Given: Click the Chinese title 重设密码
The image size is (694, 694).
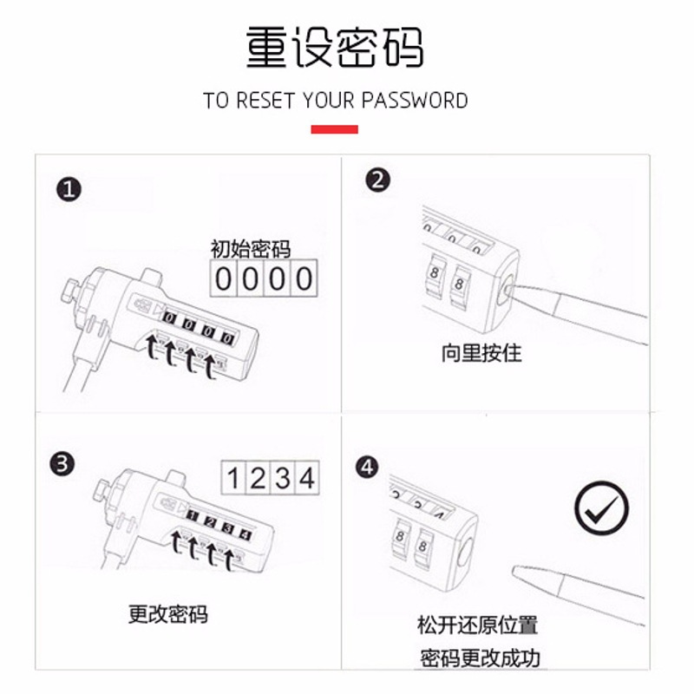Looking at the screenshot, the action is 335,47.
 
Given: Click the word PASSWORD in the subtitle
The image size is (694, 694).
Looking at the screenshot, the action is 415,101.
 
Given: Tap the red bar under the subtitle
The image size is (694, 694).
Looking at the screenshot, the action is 334,129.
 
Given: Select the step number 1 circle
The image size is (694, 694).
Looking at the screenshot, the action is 69,190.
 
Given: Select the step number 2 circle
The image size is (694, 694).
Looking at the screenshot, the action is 377,180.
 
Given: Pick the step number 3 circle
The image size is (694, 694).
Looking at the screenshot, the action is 62,464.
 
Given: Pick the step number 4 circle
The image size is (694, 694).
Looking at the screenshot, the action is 367,468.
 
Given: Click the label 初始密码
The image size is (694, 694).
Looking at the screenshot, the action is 250,249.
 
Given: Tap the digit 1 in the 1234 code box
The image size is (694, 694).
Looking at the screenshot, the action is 233,478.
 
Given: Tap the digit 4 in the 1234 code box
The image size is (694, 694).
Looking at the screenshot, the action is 307,478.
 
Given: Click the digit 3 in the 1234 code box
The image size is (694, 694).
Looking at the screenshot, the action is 283,478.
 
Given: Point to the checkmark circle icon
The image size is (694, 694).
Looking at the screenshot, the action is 601,508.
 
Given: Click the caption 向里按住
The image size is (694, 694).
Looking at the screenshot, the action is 481,353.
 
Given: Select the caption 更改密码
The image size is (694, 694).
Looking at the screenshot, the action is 167,614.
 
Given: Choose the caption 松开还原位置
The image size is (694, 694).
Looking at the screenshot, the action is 477,625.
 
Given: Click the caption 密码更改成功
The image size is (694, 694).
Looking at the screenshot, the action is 480,658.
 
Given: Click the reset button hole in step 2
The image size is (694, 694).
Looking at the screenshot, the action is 507,291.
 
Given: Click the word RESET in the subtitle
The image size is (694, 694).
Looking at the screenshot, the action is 265,101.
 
